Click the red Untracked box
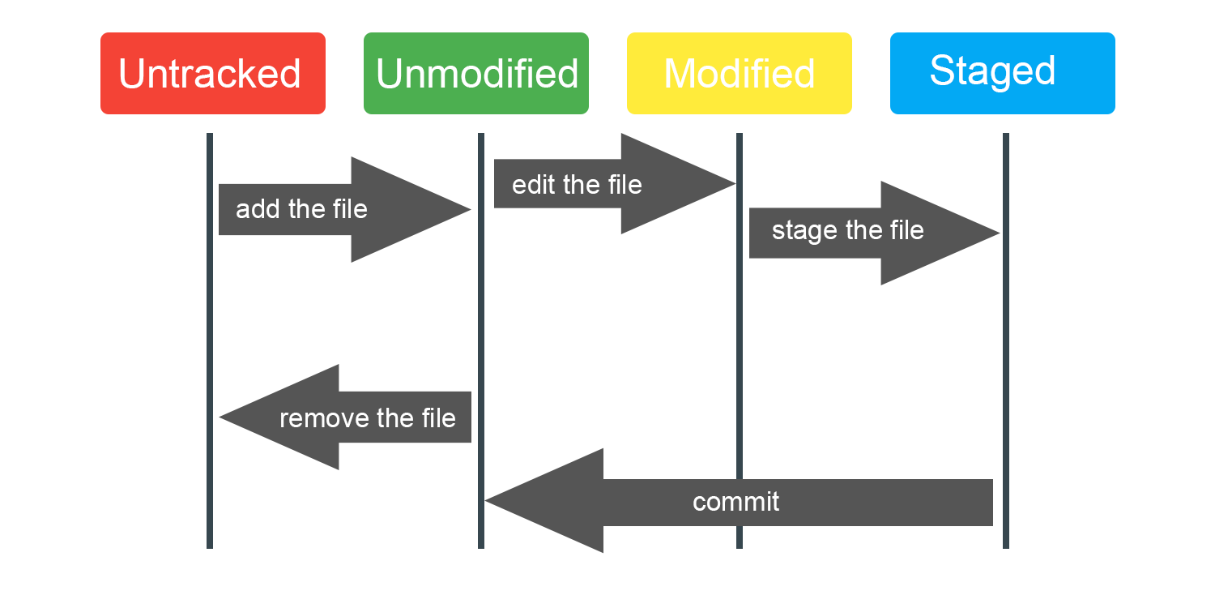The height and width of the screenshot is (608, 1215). coord(212,73)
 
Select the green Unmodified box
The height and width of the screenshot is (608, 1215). coord(476,73)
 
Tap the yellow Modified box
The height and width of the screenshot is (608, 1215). coord(739,73)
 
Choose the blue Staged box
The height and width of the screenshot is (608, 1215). coord(1002,73)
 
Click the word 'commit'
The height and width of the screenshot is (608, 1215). coord(735,502)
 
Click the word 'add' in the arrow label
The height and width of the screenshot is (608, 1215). coord(253,209)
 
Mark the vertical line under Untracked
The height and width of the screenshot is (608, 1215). coord(210,324)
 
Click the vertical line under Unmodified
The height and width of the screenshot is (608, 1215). coord(481,324)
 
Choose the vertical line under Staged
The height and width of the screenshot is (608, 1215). coord(1006,365)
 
